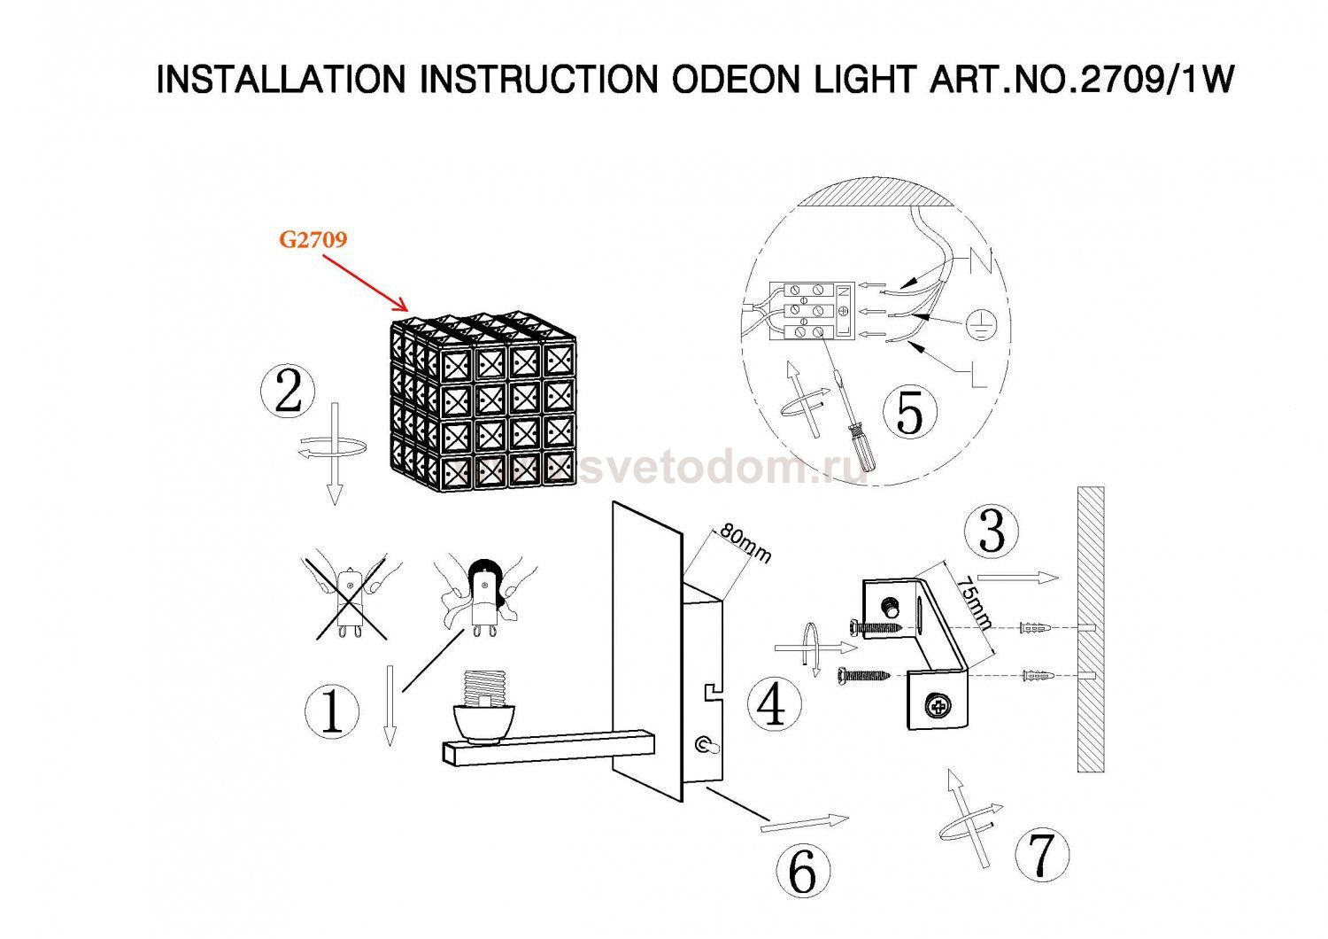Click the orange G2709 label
[x=313, y=240]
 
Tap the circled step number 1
[x=331, y=711]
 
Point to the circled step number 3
[x=992, y=531]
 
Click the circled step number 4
[x=775, y=702]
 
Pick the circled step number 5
[x=910, y=411]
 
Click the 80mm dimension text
[x=745, y=544]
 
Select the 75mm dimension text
[x=974, y=602]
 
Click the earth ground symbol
[x=981, y=325]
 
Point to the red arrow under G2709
[x=365, y=283]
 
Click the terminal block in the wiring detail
[x=812, y=311]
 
